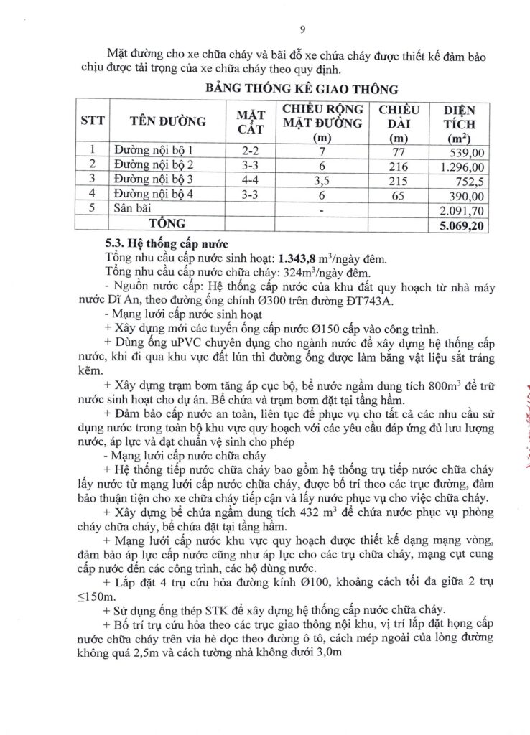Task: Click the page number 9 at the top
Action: [x=302, y=29]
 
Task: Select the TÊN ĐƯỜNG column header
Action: [x=167, y=121]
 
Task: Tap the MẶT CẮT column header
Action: [x=251, y=121]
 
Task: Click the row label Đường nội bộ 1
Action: [x=155, y=151]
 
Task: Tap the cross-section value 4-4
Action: [x=251, y=179]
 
